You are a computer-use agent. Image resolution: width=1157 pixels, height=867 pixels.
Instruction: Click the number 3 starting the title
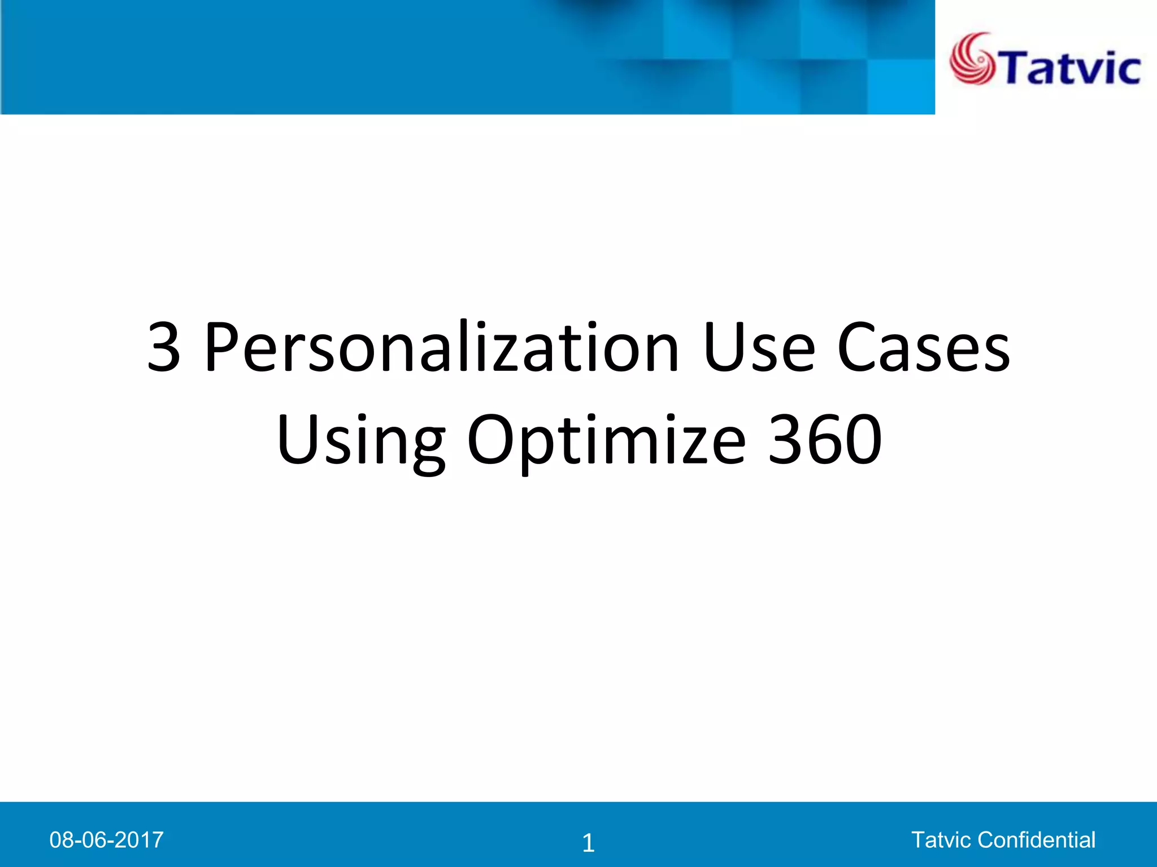(x=164, y=347)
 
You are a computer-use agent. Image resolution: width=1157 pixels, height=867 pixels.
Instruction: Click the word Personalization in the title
(x=441, y=347)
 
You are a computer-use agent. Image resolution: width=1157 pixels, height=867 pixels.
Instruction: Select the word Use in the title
(x=759, y=347)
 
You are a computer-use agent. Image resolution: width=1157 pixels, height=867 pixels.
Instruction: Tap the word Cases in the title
(x=924, y=347)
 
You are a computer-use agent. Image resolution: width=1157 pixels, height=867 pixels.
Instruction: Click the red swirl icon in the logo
(x=972, y=59)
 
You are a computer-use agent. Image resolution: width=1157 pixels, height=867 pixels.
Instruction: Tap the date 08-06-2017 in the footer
(x=106, y=840)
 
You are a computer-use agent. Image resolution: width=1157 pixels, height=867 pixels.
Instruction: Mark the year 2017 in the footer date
(x=141, y=840)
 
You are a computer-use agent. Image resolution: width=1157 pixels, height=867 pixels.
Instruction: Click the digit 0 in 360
(x=862, y=440)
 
